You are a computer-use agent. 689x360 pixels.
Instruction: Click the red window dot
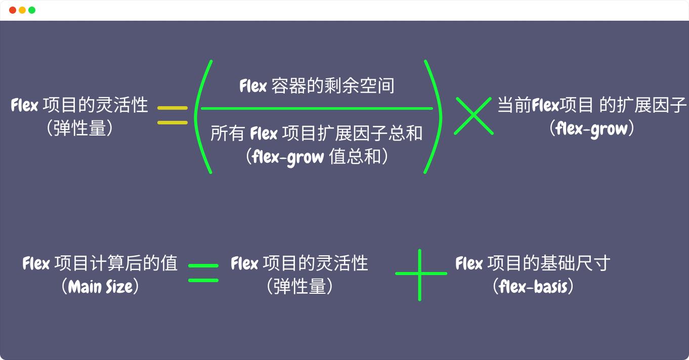[13, 10]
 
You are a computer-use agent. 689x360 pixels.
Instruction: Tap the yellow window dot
[22, 10]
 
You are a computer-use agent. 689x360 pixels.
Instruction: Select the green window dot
[32, 10]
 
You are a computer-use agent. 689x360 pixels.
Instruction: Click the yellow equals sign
[173, 115]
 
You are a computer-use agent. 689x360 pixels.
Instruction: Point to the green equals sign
[203, 273]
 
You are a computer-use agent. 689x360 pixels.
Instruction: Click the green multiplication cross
[473, 116]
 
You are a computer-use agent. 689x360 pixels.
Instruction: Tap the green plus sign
[420, 274]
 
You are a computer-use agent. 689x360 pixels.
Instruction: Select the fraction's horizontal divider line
[317, 108]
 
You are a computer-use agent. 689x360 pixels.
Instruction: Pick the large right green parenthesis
[433, 116]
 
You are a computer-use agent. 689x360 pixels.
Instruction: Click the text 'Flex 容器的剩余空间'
[317, 86]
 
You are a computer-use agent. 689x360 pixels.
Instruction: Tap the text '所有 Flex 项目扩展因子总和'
[317, 134]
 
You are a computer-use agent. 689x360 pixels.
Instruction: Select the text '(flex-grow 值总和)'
[317, 157]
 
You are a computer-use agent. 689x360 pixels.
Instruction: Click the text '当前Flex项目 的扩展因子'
[592, 105]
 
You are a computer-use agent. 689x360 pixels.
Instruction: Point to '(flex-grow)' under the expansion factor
[592, 129]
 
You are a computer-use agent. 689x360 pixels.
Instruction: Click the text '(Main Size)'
[100, 287]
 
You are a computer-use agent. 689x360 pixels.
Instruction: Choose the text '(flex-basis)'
[533, 287]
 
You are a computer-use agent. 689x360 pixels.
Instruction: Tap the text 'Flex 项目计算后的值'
[100, 263]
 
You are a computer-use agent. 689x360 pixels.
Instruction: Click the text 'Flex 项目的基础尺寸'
[533, 263]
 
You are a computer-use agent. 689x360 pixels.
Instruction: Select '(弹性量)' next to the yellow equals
[79, 128]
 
